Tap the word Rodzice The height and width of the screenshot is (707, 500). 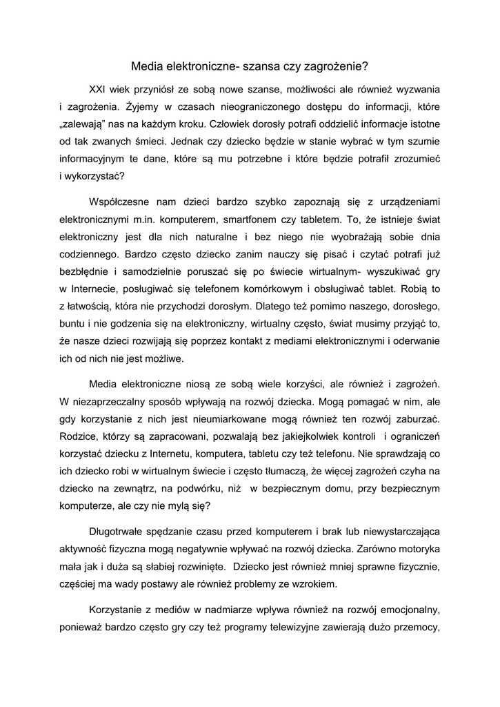point(79,436)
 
